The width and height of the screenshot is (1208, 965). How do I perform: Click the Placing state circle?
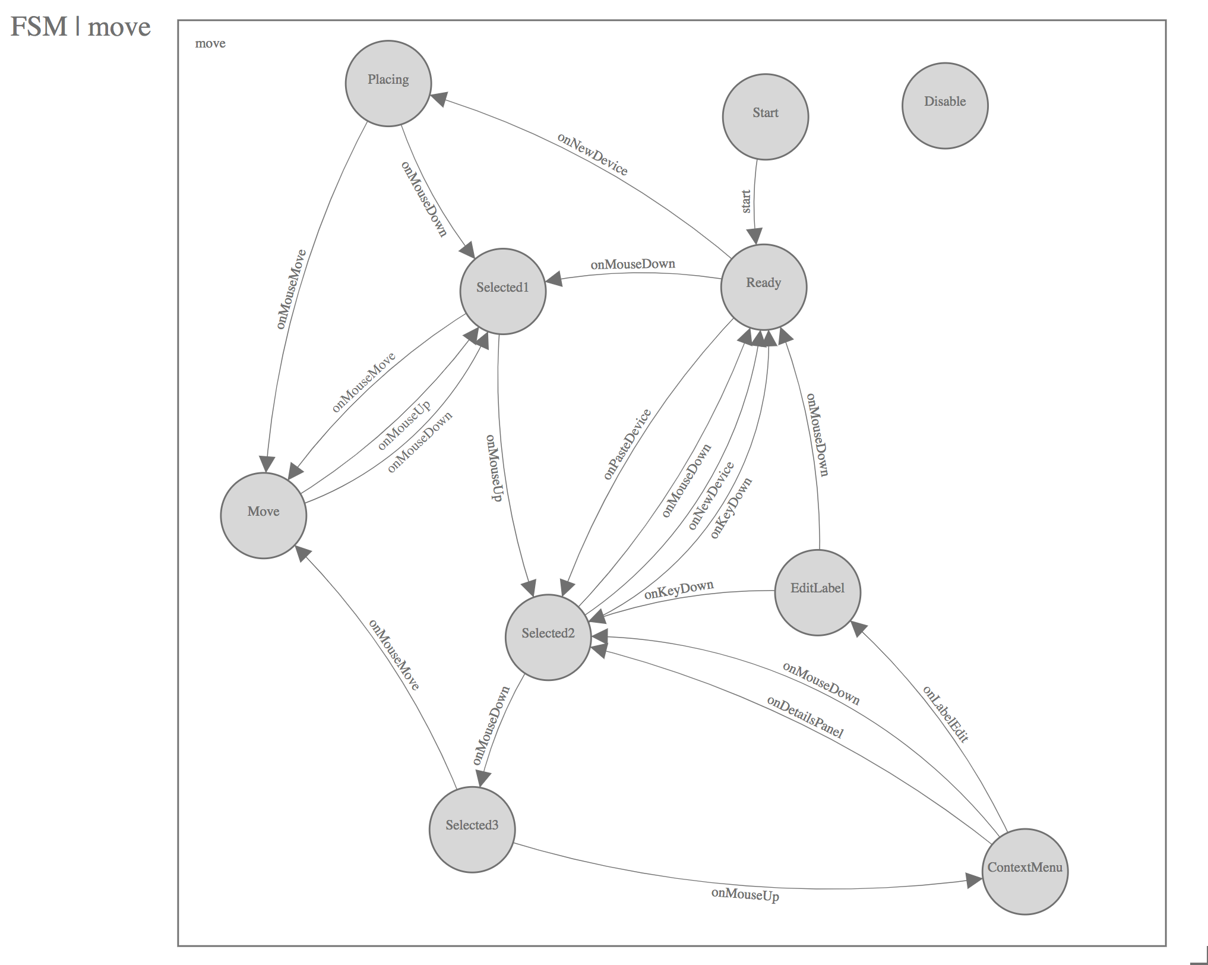(388, 83)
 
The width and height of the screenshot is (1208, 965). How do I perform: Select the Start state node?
(765, 116)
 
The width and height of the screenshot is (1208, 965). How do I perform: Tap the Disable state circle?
(944, 105)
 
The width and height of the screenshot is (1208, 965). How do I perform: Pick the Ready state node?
(763, 286)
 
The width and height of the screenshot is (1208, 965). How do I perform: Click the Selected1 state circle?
(502, 291)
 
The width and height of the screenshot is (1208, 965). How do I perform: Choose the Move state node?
(263, 515)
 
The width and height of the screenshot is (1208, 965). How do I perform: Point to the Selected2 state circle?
(548, 637)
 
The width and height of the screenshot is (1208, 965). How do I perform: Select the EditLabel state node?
(817, 592)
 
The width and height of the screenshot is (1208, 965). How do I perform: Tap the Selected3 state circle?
(472, 829)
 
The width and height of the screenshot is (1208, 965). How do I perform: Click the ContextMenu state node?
(1024, 871)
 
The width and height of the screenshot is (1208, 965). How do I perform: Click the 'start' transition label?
(746, 201)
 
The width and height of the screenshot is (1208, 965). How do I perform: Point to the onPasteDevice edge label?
(627, 444)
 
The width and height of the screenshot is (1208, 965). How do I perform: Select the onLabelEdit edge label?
(945, 714)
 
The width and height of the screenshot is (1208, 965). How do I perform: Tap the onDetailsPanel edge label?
(805, 717)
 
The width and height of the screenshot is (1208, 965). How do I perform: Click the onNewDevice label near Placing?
(592, 153)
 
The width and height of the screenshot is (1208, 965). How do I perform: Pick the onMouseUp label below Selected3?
(745, 894)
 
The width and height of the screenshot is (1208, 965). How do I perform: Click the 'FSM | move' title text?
(81, 27)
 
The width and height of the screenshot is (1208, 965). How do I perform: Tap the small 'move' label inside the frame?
(210, 43)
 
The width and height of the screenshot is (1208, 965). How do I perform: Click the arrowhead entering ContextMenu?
(974, 881)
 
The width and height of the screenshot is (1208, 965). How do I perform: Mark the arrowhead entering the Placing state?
(438, 99)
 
